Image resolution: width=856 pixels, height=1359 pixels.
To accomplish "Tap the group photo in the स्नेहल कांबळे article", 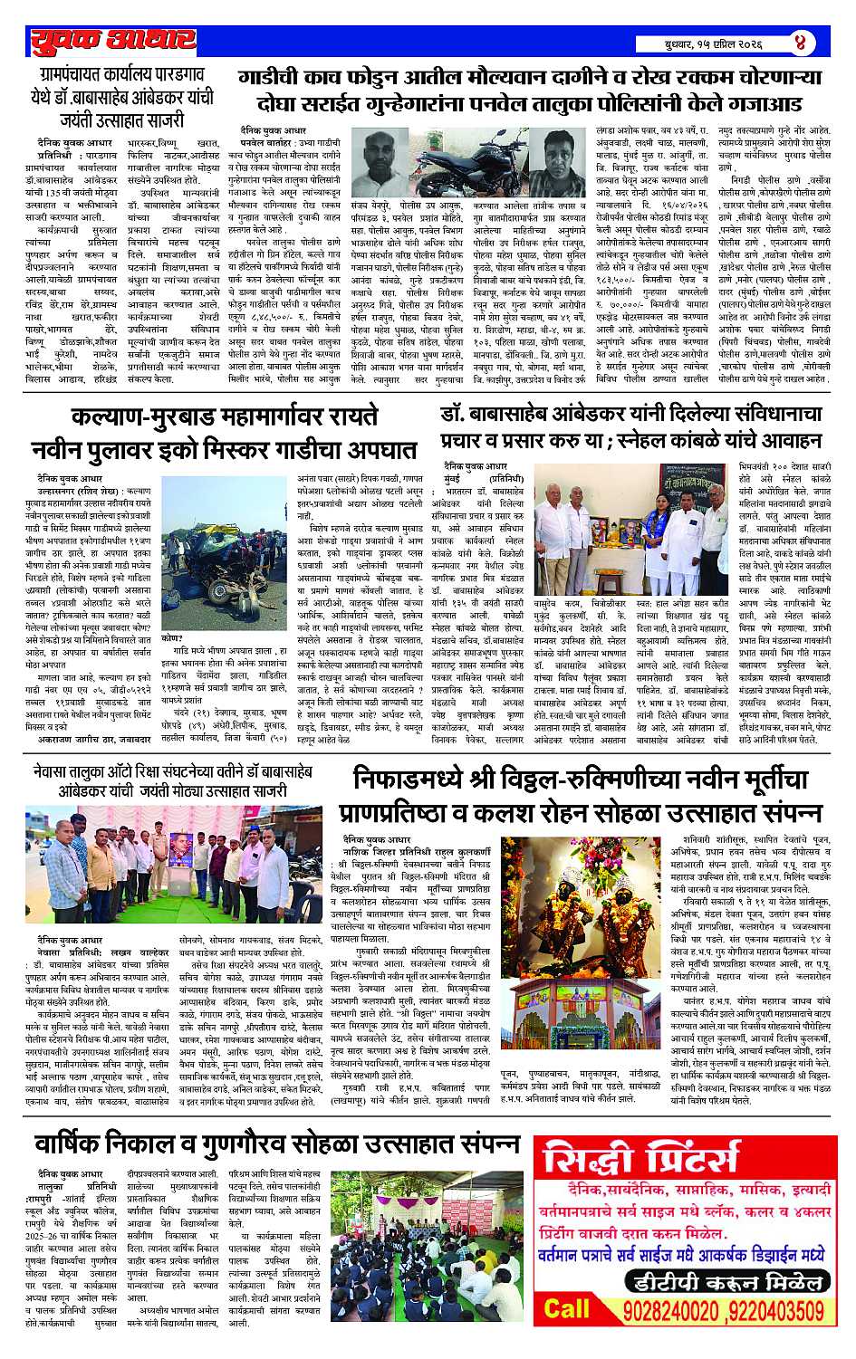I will coord(632,547).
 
